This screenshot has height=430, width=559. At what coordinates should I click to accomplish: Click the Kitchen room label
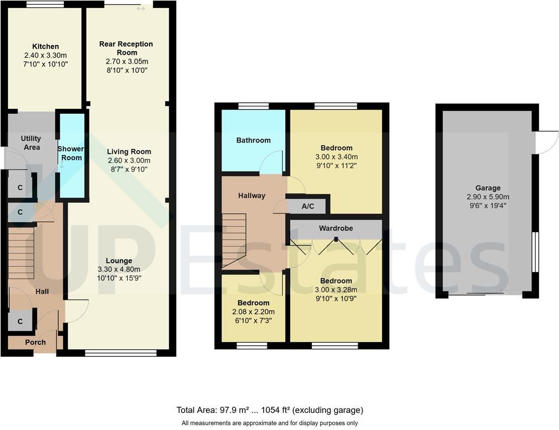(46, 46)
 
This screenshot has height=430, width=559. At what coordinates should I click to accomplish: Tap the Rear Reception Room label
(126, 48)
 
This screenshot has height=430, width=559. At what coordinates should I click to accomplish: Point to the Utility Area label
(31, 143)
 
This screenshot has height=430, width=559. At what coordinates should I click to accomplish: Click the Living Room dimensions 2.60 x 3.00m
(129, 161)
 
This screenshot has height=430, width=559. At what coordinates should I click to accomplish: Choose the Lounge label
(119, 261)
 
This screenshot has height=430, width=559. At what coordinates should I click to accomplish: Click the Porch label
(35, 342)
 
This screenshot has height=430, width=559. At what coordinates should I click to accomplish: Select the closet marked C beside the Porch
(21, 322)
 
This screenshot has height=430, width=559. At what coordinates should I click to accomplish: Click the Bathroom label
(254, 140)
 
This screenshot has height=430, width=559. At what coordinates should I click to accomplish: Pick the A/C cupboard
(307, 206)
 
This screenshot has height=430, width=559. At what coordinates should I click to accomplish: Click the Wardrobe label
(336, 228)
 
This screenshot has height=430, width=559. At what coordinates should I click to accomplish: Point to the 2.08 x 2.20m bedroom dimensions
(253, 312)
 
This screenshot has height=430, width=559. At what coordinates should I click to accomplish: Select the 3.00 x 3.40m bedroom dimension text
(337, 157)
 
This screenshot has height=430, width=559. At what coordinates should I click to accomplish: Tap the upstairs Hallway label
(252, 196)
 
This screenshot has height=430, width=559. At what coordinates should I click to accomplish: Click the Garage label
(488, 188)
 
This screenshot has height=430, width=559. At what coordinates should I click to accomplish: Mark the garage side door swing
(546, 142)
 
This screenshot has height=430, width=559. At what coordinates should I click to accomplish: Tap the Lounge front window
(121, 353)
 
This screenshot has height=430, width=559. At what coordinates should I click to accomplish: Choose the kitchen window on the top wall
(45, 5)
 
